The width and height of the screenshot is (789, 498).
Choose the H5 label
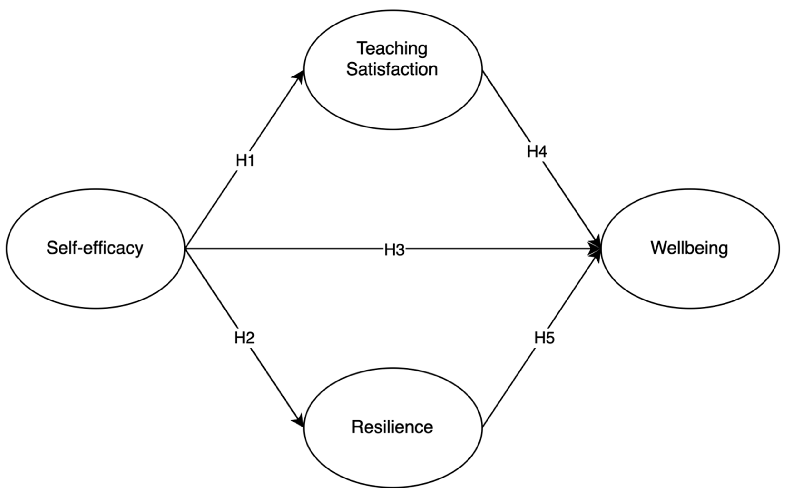click(x=544, y=338)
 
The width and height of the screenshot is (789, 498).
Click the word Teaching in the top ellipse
click(x=392, y=49)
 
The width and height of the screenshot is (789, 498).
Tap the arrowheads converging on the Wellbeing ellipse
click(x=596, y=249)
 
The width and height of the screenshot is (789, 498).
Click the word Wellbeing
click(x=689, y=248)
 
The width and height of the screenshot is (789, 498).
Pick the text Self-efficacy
click(x=95, y=248)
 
